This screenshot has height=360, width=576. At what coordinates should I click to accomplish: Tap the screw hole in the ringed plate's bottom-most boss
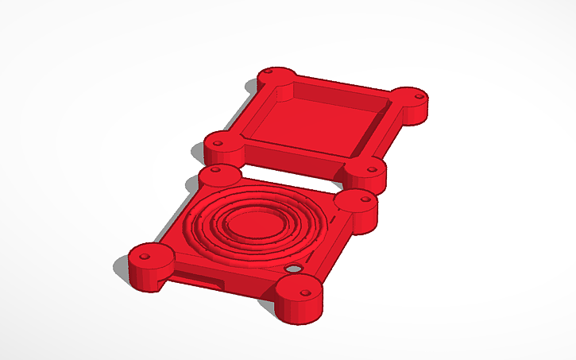tap(303, 291)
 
